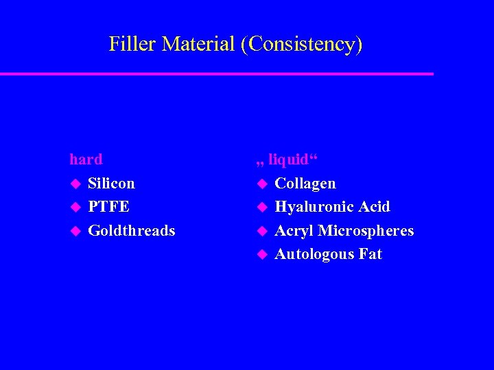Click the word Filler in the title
[x=130, y=44]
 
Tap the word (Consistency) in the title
[x=301, y=45]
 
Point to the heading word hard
[x=86, y=160]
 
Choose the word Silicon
[x=112, y=184]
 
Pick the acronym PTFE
[x=108, y=207]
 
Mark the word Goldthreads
[x=132, y=231]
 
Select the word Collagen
[x=305, y=184]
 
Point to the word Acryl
[x=294, y=231]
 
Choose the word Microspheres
[x=366, y=231]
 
